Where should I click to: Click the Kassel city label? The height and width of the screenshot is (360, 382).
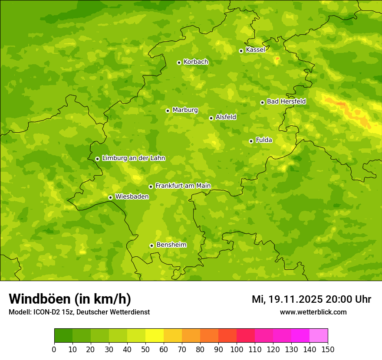pyautogui.click(x=255, y=50)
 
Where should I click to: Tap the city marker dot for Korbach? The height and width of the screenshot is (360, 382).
pyautogui.click(x=179, y=62)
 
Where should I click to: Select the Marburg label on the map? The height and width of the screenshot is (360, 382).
pyautogui.click(x=185, y=110)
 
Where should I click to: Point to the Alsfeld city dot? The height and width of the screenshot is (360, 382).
pyautogui.click(x=211, y=118)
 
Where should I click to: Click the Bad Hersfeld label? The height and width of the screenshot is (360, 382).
pyautogui.click(x=286, y=101)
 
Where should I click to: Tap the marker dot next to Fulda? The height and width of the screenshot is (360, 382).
pyautogui.click(x=251, y=141)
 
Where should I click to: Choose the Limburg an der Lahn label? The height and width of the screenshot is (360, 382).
pyautogui.click(x=133, y=158)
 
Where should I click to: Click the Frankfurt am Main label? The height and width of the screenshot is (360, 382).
pyautogui.click(x=183, y=186)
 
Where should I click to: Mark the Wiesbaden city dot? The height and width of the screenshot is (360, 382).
pyautogui.click(x=110, y=197)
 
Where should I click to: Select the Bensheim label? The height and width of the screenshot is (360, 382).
pyautogui.click(x=171, y=245)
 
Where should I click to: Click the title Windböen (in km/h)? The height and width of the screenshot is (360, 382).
pyautogui.click(x=70, y=299)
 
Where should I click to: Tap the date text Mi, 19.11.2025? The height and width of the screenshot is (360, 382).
pyautogui.click(x=286, y=299)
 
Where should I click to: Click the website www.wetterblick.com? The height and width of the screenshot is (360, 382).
pyautogui.click(x=313, y=312)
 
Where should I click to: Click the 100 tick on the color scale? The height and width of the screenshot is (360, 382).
pyautogui.click(x=237, y=350)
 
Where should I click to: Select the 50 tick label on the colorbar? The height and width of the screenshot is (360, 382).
pyautogui.click(x=145, y=350)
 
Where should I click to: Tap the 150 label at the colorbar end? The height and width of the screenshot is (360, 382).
pyautogui.click(x=327, y=350)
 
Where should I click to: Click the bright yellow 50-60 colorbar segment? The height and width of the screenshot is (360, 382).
pyautogui.click(x=155, y=336)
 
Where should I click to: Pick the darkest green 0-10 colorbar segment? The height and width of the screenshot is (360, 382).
pyautogui.click(x=63, y=336)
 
